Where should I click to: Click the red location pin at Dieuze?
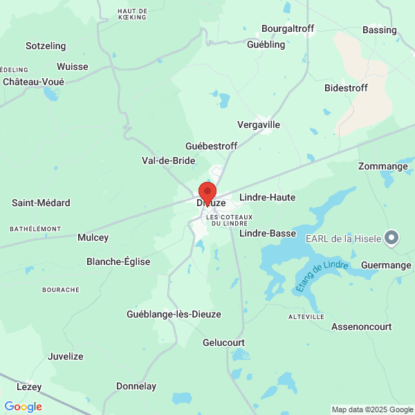pos(207,192)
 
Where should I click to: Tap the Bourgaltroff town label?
pos(288,28)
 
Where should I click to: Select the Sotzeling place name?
pos(46,46)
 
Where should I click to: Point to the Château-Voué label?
pos(33,82)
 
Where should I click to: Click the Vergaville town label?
pos(259,124)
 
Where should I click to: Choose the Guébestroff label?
pos(211,146)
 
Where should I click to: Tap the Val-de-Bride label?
pos(168,160)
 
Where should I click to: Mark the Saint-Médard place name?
pos(41,203)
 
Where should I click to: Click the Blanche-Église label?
pos(118,261)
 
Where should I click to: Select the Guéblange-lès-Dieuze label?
pos(174,314)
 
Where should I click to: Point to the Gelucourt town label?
pos(223,342)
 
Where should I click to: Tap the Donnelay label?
pos(136,386)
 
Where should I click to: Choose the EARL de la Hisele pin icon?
pos(392,239)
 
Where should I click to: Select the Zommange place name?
pos(382,166)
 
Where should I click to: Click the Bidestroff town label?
pos(346,88)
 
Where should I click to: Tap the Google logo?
pos(24,407)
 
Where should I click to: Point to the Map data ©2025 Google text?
pos(371,409)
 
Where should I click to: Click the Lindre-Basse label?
pos(268,233)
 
